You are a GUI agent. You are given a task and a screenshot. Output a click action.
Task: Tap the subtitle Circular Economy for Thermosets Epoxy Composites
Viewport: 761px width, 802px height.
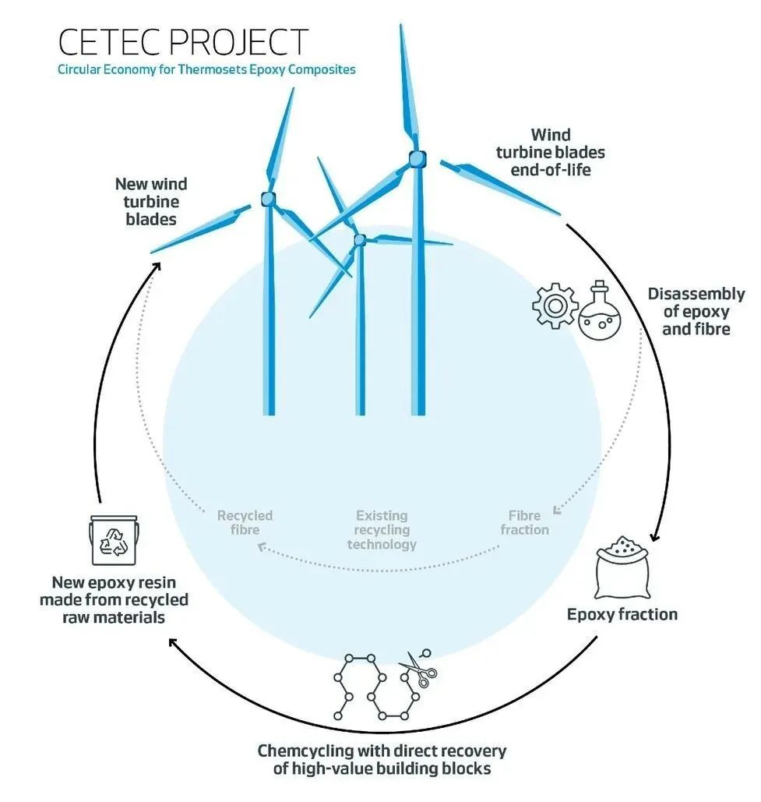tap(206, 69)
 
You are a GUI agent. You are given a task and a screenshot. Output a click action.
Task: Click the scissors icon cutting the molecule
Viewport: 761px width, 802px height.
tap(419, 670)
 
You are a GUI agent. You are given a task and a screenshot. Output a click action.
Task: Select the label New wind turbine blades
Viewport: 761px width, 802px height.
tap(151, 201)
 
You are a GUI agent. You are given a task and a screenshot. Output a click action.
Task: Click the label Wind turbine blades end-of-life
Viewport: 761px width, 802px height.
tap(550, 152)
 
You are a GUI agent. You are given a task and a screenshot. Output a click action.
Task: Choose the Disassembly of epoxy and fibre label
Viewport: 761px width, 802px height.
tap(696, 312)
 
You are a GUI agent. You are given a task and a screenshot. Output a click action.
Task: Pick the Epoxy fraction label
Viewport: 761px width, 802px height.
tap(622, 614)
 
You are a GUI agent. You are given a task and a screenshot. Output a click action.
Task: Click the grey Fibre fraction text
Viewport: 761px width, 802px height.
tap(524, 522)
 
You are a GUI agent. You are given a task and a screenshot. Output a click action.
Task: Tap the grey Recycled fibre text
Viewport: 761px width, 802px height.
tap(245, 522)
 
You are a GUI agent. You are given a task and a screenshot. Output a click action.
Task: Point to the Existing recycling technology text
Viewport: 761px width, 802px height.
tap(382, 529)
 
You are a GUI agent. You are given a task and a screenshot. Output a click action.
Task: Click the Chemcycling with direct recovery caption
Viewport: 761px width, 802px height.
tap(382, 760)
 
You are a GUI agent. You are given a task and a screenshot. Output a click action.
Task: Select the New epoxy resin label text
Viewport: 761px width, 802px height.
tap(114, 599)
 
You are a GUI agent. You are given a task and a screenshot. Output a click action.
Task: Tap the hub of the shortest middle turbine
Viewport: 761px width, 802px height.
tap(359, 240)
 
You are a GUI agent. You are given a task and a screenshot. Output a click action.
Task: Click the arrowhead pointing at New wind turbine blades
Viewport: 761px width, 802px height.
tap(157, 266)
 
